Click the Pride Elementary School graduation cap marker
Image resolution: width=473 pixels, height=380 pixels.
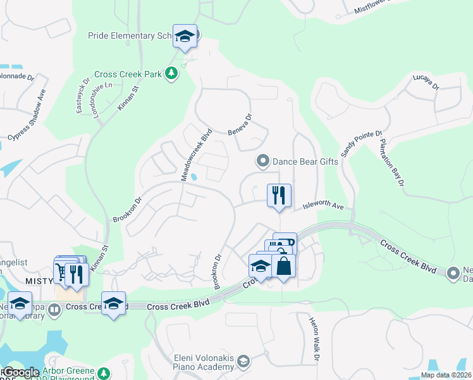pyautogui.click(x=185, y=36)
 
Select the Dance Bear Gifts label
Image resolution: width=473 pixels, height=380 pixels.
pyautogui.click(x=305, y=161)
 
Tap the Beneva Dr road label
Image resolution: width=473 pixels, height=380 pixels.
pyautogui.click(x=240, y=125)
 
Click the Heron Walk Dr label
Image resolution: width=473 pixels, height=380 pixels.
pyautogui.click(x=314, y=339)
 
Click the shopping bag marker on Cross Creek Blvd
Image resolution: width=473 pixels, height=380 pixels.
pyautogui.click(x=284, y=266)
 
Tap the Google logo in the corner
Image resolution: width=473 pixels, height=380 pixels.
pyautogui.click(x=21, y=373)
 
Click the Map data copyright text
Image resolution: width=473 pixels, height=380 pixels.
pyautogui.click(x=445, y=375)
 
